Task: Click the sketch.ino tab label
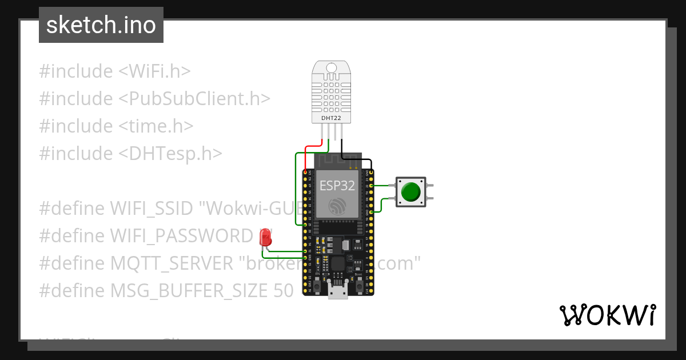pyautogui.click(x=101, y=25)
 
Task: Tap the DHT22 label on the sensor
pyautogui.click(x=332, y=117)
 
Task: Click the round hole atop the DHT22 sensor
pyautogui.click(x=332, y=68)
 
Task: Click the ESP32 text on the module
pyautogui.click(x=337, y=185)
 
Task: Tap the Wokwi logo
pyautogui.click(x=607, y=315)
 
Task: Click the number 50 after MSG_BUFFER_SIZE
pyautogui.click(x=281, y=291)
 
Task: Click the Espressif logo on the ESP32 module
pyautogui.click(x=337, y=206)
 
